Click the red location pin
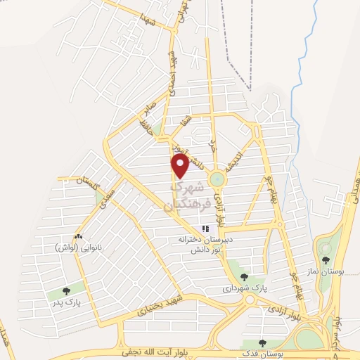coord(181,165)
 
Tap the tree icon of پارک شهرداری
coord(244,277)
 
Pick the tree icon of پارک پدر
coord(66,290)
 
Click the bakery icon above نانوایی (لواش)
coord(78,237)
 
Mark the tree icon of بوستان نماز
coord(325,248)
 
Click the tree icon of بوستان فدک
coord(262,344)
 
